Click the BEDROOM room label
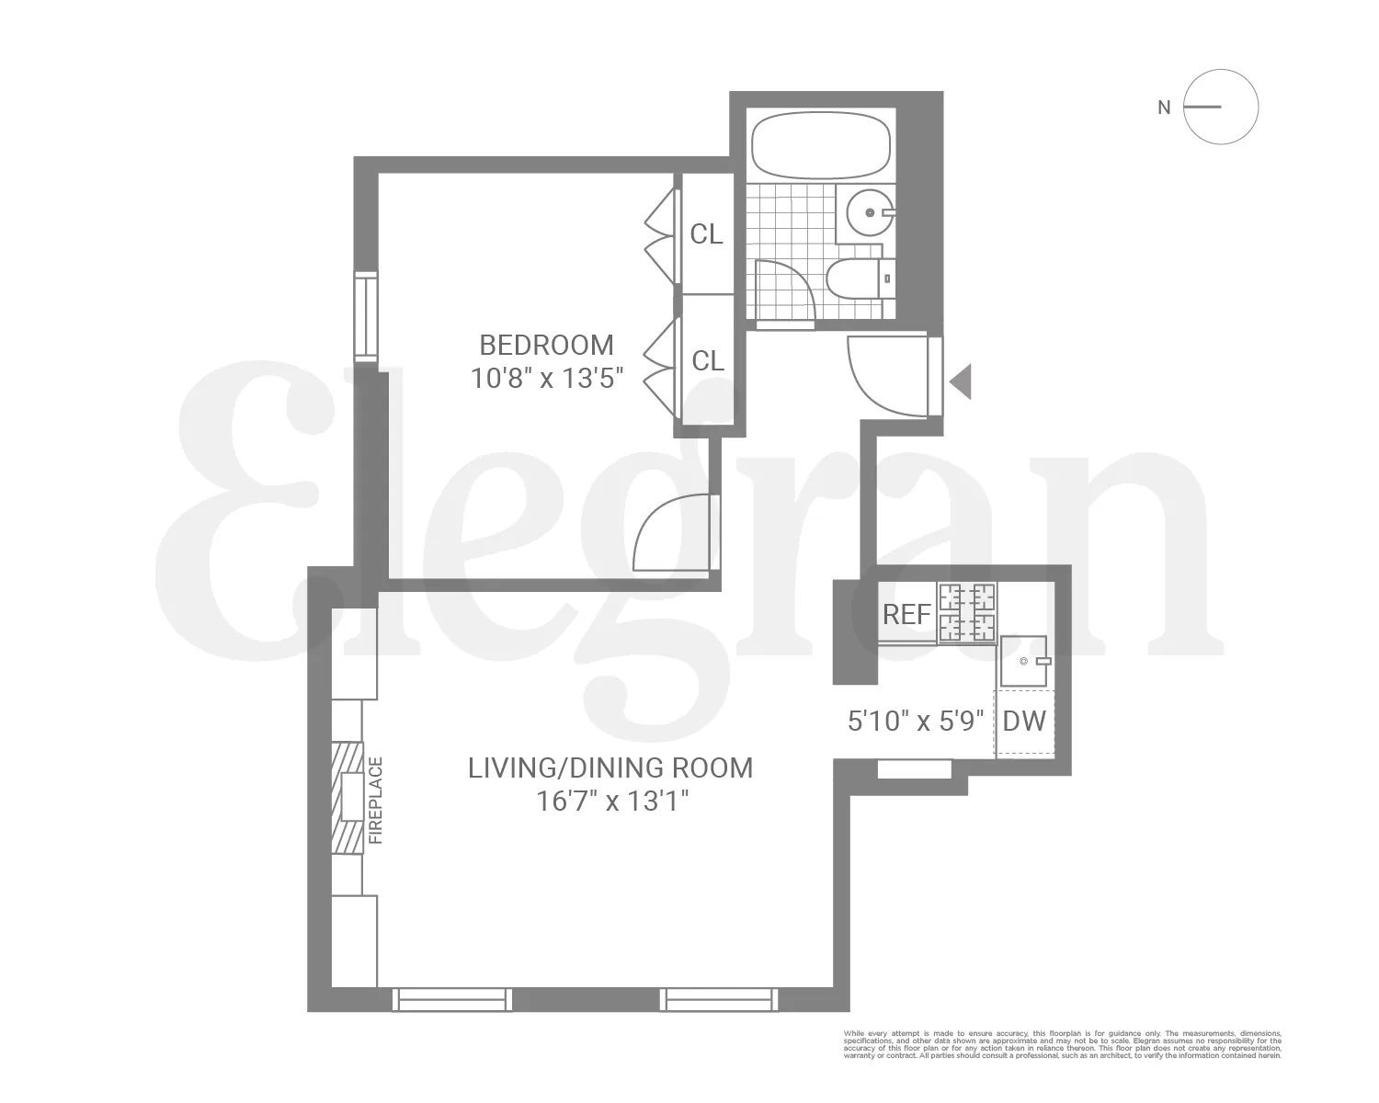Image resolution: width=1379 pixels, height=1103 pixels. click(x=546, y=346)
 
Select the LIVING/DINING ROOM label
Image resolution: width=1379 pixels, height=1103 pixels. click(x=610, y=768)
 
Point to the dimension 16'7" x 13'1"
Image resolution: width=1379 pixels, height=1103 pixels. click(x=612, y=802)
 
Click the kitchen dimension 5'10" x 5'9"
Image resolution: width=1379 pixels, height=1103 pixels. click(x=916, y=721)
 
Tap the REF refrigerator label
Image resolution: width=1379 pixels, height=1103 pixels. click(x=906, y=614)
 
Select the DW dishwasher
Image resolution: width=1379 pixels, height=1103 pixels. click(x=1024, y=722)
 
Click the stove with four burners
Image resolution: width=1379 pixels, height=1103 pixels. click(x=967, y=612)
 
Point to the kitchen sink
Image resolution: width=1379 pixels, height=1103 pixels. click(x=1024, y=660)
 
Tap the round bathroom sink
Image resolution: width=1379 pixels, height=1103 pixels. click(x=869, y=213)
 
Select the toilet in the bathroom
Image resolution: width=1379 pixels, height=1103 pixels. click(x=860, y=278)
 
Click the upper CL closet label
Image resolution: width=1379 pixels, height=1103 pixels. click(x=706, y=235)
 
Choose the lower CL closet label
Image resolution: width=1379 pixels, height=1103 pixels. click(x=707, y=361)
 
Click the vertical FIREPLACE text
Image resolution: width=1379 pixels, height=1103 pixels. click(x=374, y=801)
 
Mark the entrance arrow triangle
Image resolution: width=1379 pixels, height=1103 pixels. click(x=962, y=381)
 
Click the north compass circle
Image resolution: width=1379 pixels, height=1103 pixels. click(x=1220, y=107)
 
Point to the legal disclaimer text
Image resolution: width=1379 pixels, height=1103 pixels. click(x=1062, y=1044)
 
